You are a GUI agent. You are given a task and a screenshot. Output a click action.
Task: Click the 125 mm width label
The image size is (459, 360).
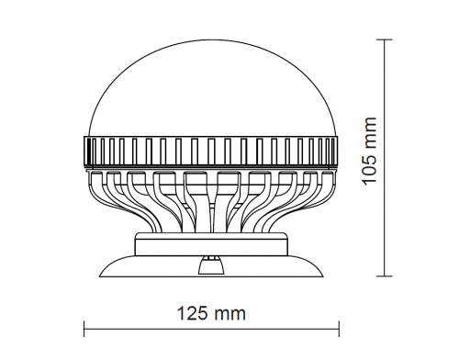tap(211, 314)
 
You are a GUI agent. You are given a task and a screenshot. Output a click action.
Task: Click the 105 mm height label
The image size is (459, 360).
tap(369, 152)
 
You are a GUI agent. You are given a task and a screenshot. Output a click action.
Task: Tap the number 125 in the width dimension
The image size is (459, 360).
tap(193, 314)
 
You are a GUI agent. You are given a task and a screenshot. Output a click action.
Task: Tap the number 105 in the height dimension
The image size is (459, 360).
tap(369, 169)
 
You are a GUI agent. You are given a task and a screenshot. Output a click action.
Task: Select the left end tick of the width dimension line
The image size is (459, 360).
tap(84, 329)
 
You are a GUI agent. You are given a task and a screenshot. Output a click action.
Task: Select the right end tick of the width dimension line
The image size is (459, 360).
tap(339, 329)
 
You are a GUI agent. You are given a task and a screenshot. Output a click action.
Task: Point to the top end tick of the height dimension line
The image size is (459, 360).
tap(385, 39)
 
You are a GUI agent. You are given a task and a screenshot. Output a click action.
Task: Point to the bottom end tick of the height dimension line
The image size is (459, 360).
tap(385, 276)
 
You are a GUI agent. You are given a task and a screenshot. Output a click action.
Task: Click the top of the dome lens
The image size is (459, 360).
tap(213, 39)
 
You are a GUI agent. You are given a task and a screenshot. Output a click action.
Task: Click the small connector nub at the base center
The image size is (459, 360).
tap(211, 264)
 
